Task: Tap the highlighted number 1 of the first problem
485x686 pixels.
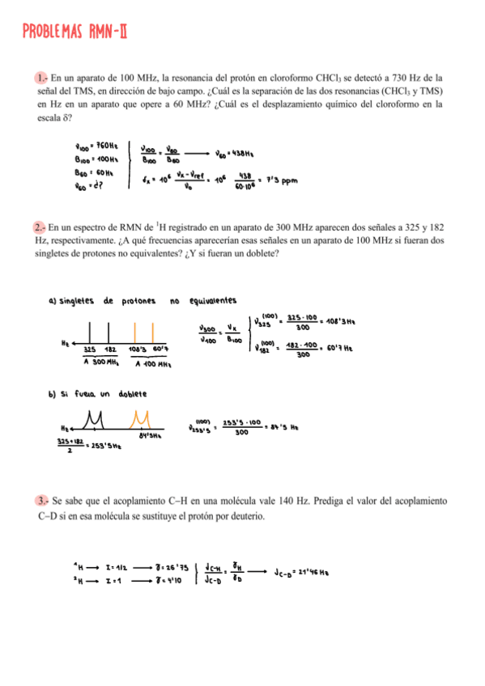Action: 40,78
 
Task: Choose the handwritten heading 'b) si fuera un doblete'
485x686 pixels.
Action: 98,394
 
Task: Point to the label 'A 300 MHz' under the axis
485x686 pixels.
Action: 102,363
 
